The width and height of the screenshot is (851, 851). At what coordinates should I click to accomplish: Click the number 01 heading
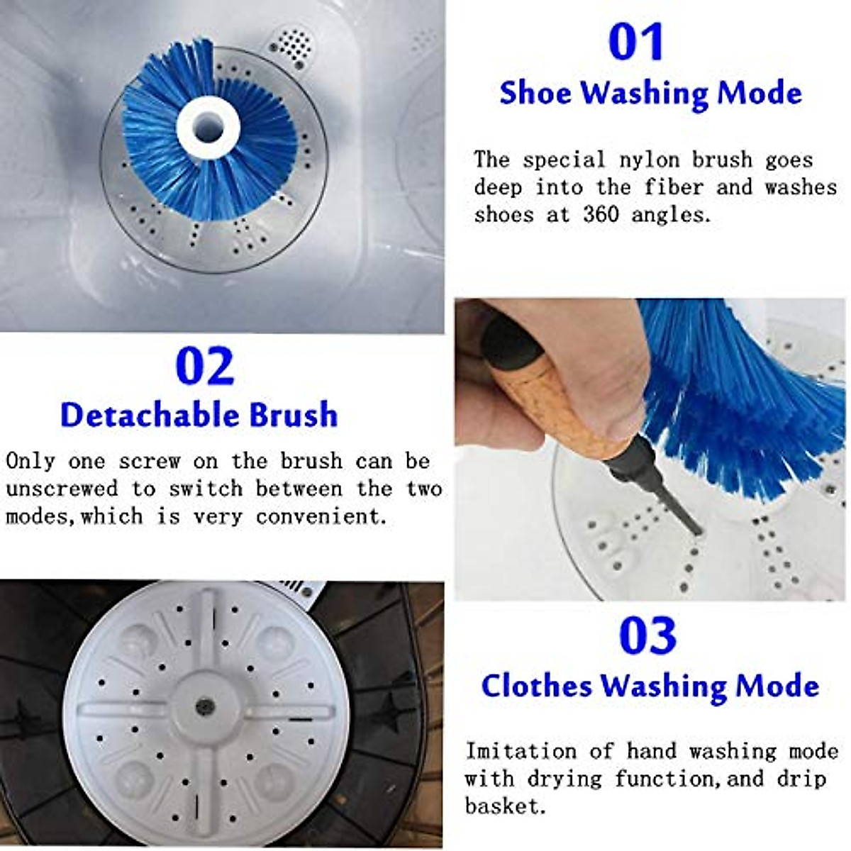point(636,43)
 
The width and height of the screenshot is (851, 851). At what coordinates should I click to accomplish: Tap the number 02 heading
point(204,367)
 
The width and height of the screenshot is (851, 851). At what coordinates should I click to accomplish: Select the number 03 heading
point(647,635)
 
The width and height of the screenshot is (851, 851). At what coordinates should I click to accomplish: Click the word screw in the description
point(149,462)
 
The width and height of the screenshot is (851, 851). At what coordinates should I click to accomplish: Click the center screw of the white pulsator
point(205,706)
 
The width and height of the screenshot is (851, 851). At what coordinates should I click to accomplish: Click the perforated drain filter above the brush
point(291,46)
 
